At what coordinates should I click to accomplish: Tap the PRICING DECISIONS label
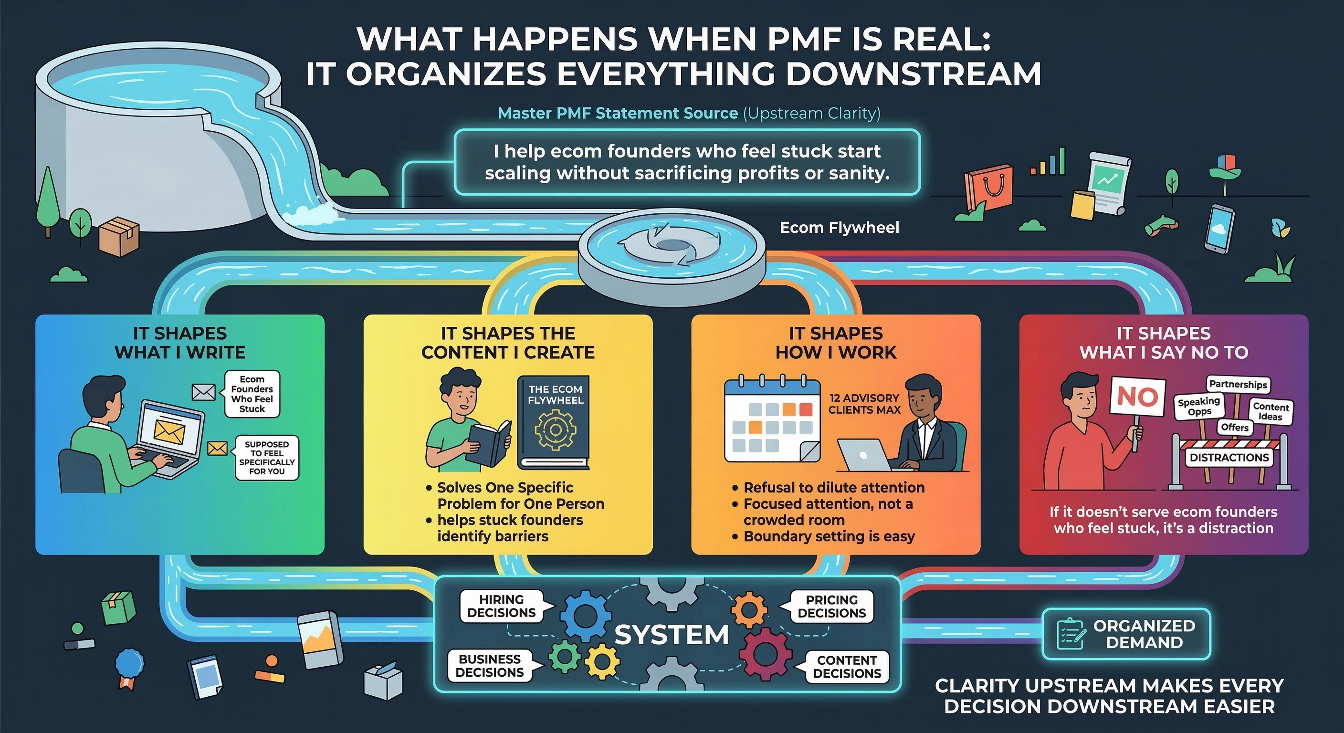click(x=832, y=607)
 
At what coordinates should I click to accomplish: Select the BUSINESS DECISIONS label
click(x=489, y=666)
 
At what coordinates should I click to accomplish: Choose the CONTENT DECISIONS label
click(x=846, y=667)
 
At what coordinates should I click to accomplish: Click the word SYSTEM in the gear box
click(x=672, y=635)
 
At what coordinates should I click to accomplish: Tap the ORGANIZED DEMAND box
click(x=1126, y=634)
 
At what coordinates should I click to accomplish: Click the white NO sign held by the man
click(x=1138, y=397)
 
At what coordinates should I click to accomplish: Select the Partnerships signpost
click(x=1238, y=385)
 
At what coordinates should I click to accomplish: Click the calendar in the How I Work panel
click(x=771, y=421)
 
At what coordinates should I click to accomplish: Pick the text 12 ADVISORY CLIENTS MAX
click(x=864, y=404)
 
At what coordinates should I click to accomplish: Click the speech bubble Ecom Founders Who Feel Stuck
click(x=252, y=394)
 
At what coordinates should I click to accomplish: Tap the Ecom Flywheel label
click(x=839, y=228)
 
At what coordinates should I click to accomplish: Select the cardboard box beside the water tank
click(x=119, y=236)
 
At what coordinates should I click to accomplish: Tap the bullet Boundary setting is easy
click(x=828, y=536)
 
